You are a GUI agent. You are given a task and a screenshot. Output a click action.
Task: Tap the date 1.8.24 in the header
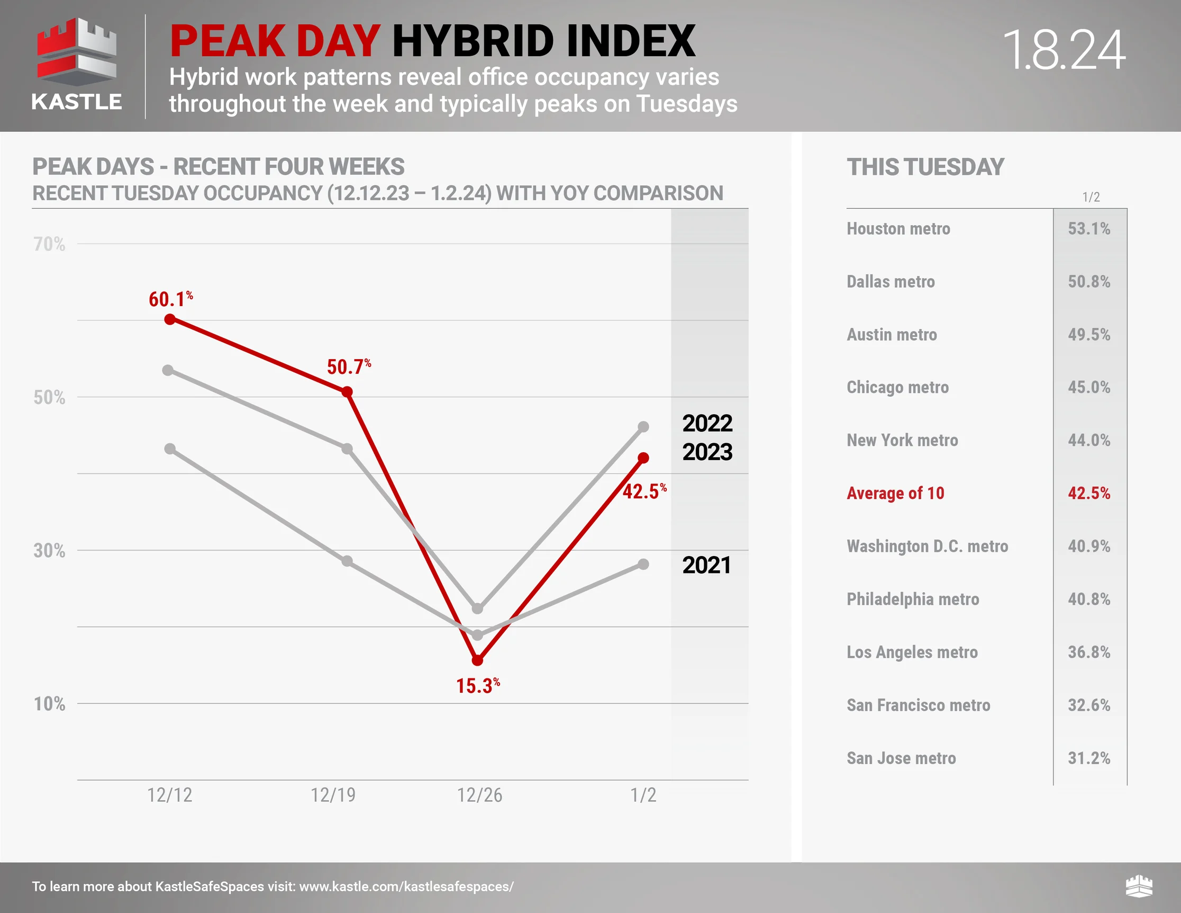(x=1063, y=50)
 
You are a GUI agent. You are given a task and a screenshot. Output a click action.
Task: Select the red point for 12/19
(x=347, y=392)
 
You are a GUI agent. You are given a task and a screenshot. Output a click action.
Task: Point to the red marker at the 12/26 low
(x=477, y=660)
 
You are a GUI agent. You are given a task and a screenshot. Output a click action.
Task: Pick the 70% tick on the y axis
(x=49, y=245)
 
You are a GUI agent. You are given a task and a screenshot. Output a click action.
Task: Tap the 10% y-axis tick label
(x=49, y=704)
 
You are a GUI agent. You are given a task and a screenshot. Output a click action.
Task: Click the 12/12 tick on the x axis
(x=170, y=795)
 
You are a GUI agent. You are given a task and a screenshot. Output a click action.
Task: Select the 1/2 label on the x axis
(x=643, y=795)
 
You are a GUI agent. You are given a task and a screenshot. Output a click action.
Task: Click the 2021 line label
(x=706, y=565)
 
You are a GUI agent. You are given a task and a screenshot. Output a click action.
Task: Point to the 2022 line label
(x=707, y=423)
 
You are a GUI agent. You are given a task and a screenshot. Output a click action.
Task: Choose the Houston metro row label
(x=898, y=229)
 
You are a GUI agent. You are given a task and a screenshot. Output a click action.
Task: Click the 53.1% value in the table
(x=1088, y=229)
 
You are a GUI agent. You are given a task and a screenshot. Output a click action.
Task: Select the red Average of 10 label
(x=895, y=493)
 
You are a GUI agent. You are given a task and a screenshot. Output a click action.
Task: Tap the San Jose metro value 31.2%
(x=1088, y=758)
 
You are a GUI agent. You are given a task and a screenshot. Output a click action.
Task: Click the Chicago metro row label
(x=897, y=388)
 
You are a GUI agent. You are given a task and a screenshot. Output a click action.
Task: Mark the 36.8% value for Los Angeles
(x=1088, y=652)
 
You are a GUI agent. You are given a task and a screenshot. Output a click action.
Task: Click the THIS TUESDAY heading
(x=925, y=167)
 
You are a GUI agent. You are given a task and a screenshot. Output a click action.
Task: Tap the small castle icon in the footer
(x=1139, y=887)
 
